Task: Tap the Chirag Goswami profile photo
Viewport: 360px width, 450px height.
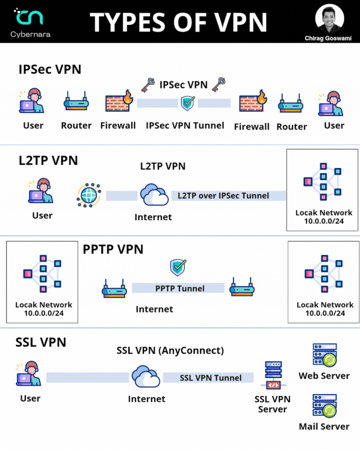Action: click(330, 18)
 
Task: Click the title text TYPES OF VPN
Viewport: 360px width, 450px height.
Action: click(179, 22)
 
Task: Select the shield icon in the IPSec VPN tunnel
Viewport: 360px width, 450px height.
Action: click(188, 103)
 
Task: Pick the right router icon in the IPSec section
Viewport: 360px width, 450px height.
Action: click(291, 104)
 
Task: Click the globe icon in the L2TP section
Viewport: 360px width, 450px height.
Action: click(89, 195)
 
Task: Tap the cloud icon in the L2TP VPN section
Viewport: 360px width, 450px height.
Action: click(153, 195)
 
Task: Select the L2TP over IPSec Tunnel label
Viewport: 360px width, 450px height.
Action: click(228, 195)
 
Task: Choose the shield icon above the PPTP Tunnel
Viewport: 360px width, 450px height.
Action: click(178, 268)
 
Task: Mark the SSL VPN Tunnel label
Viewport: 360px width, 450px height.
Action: click(209, 378)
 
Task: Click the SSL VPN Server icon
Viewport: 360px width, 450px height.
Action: click(273, 375)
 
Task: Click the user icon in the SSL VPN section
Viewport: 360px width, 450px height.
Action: click(30, 373)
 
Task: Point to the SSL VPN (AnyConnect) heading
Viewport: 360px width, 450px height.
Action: click(170, 350)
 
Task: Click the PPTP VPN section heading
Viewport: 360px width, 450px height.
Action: click(113, 249)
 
